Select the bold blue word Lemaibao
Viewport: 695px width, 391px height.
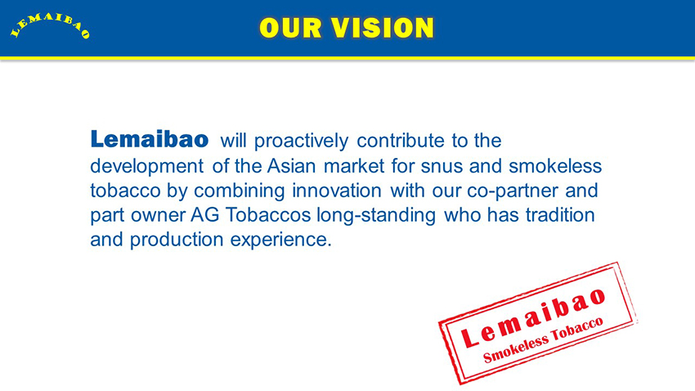(150, 139)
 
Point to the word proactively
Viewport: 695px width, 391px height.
(302, 142)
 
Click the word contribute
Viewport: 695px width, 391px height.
(401, 141)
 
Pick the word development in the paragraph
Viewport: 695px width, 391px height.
(147, 167)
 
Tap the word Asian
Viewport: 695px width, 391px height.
(291, 166)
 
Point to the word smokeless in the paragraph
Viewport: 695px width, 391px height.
(555, 166)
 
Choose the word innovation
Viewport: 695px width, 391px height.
(336, 191)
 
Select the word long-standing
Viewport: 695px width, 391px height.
(376, 216)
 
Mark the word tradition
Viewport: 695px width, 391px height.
(560, 215)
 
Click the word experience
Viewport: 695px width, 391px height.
(281, 240)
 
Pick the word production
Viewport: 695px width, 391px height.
(177, 240)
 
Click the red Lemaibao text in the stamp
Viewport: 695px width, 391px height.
(533, 317)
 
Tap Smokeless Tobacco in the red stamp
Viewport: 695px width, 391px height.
(543, 340)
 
